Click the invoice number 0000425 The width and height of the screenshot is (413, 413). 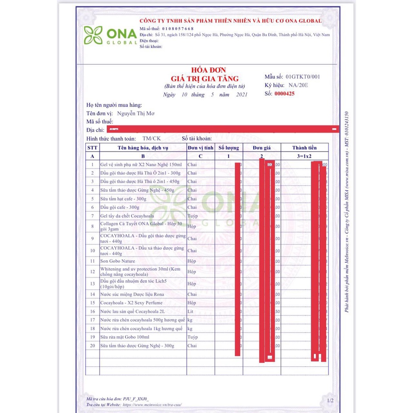284,94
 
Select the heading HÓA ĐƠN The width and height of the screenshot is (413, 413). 209,70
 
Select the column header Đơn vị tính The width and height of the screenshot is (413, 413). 200,148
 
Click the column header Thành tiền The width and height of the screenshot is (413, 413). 305,148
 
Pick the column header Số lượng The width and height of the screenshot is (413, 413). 229,148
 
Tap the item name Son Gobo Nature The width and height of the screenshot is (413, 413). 117,261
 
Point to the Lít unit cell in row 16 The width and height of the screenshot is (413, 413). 191,312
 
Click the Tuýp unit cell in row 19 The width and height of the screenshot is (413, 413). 192,337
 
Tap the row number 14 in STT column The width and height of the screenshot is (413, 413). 92,294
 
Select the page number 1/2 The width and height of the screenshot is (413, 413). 330,401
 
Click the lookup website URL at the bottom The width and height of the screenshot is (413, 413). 152,405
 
